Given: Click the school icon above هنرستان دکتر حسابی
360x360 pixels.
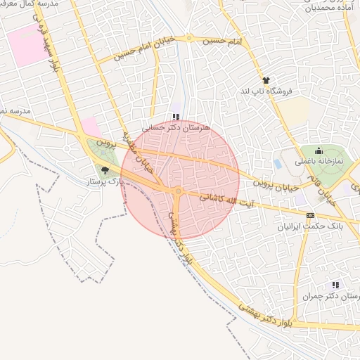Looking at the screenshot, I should pos(175,117).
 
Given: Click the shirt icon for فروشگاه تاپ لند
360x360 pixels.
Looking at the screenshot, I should pos(266,81).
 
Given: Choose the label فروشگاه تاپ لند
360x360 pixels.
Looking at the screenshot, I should pos(266,91).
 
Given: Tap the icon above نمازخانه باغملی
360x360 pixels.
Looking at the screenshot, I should pos(319,150).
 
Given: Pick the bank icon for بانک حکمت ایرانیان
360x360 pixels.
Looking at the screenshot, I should pos(310,216).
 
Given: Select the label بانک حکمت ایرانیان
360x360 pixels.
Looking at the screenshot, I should pos(311,227).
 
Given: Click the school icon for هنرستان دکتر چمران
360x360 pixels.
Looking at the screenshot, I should pos(335,285).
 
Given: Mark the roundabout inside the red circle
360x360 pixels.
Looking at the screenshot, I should pos(179,191).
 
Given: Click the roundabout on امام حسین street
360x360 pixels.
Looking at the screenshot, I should pos(189,38).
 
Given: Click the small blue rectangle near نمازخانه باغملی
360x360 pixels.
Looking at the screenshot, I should pos(278,164).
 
